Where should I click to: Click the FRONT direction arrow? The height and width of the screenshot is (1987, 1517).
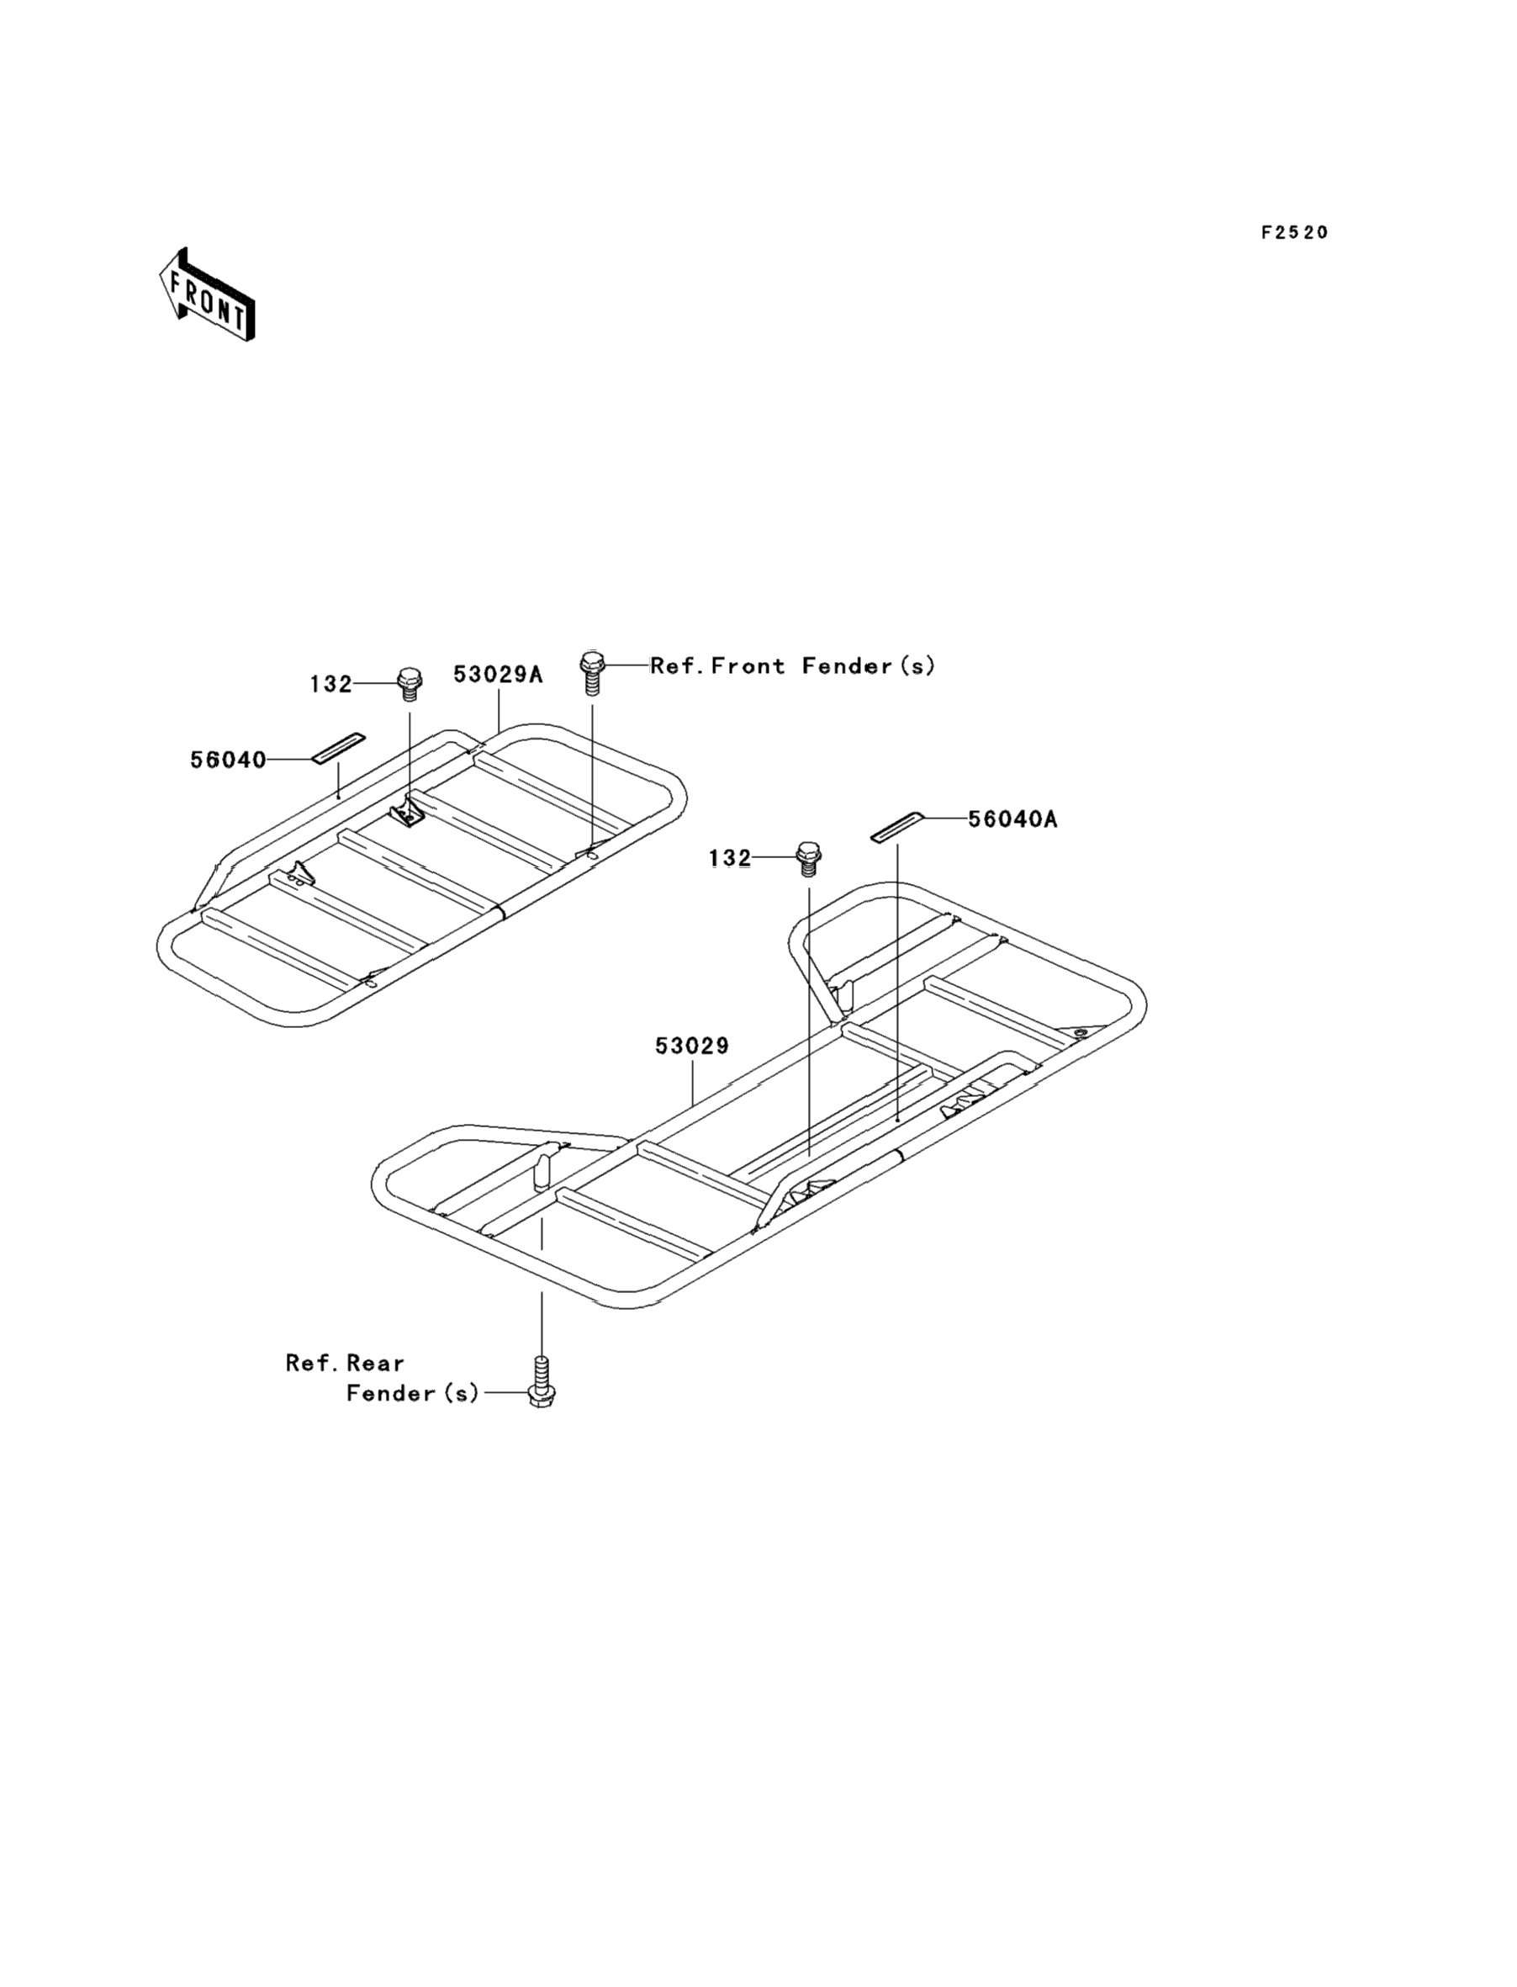207,295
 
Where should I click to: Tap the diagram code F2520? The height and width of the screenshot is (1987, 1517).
1294,233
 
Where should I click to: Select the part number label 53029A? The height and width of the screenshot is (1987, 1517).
498,674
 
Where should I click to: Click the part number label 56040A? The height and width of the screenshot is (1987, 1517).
1012,819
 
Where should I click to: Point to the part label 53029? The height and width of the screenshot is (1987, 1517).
692,1046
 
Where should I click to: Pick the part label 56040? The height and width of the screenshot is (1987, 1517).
229,760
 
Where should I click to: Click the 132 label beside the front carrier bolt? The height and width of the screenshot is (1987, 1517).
330,685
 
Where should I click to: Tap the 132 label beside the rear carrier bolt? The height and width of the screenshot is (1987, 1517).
730,858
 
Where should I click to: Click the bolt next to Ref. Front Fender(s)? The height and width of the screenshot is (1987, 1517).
591,673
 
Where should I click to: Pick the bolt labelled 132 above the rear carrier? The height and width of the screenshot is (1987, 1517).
808,858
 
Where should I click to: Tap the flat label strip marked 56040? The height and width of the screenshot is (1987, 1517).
339,748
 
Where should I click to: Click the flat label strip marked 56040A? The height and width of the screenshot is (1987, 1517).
896,826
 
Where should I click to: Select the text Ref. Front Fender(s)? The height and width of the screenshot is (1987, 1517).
793,666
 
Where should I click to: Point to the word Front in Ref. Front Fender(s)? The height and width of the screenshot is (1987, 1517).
748,666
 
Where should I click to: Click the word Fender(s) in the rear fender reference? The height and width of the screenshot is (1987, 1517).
413,1394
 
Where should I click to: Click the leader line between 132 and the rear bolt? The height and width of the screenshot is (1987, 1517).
774,857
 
